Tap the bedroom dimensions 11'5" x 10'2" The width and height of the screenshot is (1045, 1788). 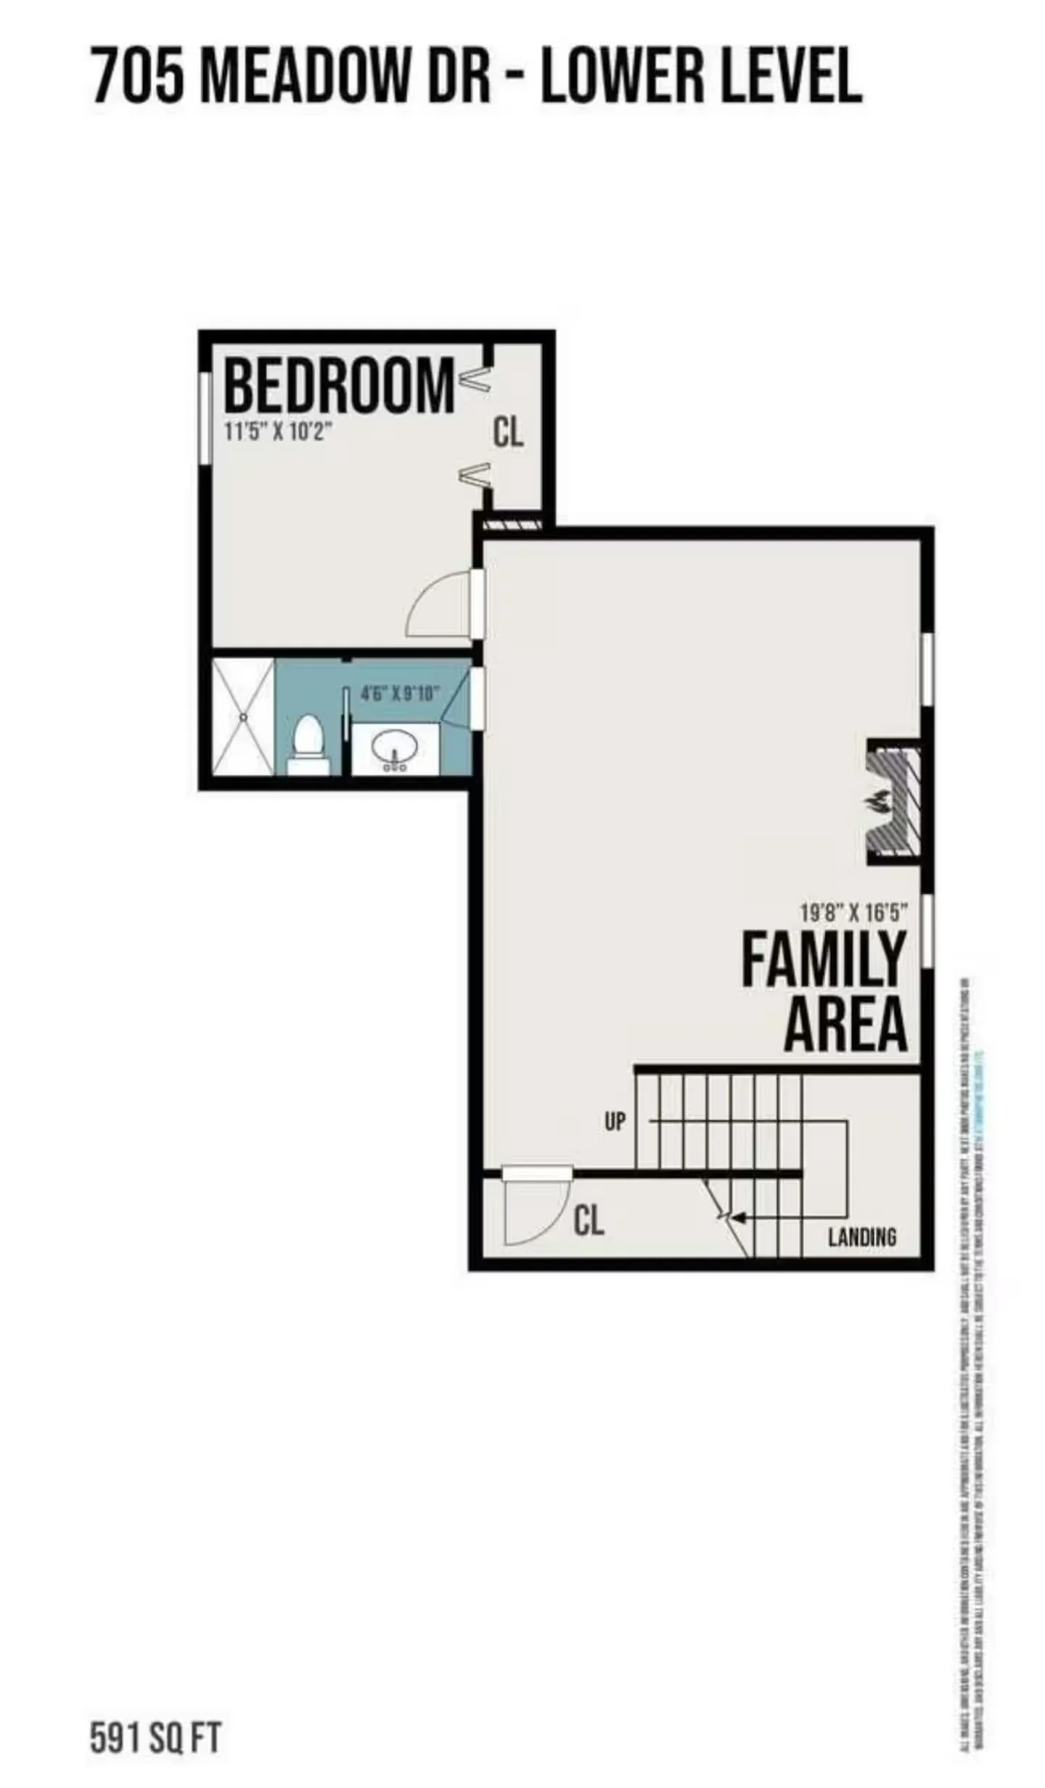point(278,432)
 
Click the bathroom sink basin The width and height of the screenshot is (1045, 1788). point(394,747)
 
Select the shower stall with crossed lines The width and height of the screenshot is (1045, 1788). point(243,716)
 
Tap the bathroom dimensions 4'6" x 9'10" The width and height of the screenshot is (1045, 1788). point(401,693)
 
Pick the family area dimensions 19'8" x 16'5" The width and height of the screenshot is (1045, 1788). point(853,911)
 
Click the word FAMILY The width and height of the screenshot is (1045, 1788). point(823,959)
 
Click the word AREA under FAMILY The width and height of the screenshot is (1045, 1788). point(845,1025)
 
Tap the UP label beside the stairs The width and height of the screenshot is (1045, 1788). point(615,1122)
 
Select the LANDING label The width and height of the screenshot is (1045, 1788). point(862,1237)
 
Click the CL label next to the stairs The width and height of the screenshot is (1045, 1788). point(589,1221)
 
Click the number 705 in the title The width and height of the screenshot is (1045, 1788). point(138,75)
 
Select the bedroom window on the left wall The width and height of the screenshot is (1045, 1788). point(205,417)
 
